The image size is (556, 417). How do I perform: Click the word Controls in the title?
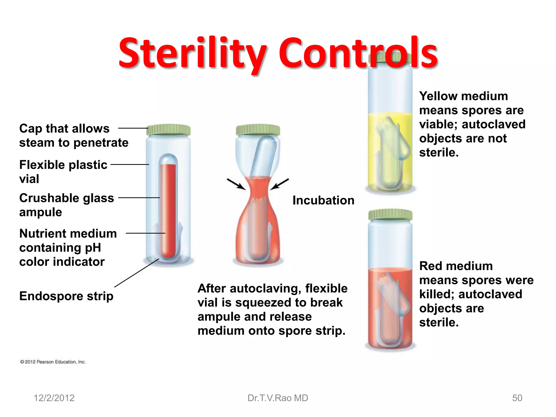click(358, 53)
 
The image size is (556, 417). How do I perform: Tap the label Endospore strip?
click(66, 296)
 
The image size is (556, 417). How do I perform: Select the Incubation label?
click(323, 200)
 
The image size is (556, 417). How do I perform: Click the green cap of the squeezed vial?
click(258, 130)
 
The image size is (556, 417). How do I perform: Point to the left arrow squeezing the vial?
click(236, 184)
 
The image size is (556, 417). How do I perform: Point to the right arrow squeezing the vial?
click(280, 184)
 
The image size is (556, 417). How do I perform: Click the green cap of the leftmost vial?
click(169, 130)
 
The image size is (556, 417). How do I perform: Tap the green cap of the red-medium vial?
click(390, 214)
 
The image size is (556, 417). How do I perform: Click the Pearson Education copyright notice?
click(53, 362)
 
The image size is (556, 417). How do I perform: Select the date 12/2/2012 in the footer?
click(54, 398)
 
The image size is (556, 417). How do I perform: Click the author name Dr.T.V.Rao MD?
click(278, 398)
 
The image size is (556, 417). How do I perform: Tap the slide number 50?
click(517, 398)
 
